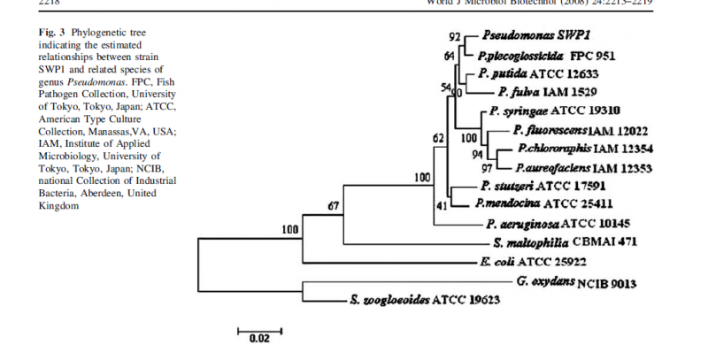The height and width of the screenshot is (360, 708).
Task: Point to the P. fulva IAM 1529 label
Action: pos(540,93)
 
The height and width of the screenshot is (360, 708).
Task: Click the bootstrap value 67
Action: pos(334,206)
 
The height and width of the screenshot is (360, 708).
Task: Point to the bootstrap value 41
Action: pos(443,205)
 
